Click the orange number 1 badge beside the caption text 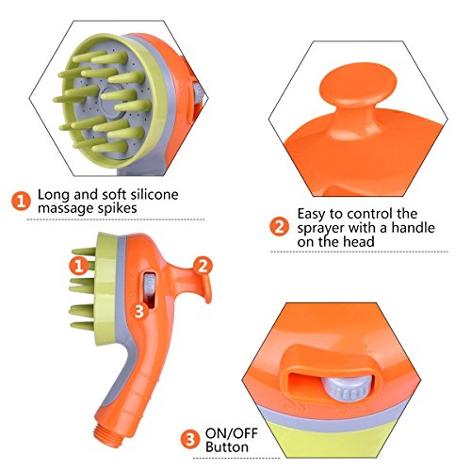21,201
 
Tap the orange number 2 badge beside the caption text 279,227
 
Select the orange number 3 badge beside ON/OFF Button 190,439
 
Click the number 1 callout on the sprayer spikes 79,266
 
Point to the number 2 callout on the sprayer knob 203,266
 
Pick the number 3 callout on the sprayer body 139,311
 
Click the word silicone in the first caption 154,195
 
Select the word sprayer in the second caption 321,229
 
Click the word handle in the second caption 414,228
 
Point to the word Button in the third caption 227,447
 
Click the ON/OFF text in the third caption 232,433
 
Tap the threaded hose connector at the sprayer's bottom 107,434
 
